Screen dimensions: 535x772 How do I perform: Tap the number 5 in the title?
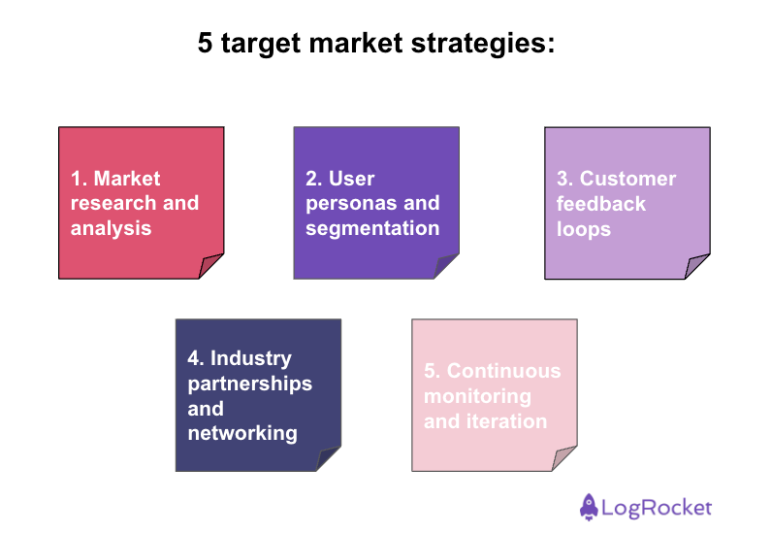205,45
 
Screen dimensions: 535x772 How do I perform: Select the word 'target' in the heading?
256,46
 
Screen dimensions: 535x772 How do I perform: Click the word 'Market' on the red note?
127,179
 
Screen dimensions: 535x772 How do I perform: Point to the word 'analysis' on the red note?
111,229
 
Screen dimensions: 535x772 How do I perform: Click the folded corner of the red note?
213,267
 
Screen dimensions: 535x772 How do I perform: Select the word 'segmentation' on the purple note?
372,229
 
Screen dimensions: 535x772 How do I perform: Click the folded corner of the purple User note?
448,267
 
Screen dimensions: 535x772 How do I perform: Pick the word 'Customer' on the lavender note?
627,179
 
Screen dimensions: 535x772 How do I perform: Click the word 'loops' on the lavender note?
584,230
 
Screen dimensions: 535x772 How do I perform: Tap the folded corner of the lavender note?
699,267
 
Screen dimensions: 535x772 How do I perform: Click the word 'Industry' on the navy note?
251,358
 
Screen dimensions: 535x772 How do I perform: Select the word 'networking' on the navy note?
242,433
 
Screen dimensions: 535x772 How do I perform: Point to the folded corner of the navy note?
330,459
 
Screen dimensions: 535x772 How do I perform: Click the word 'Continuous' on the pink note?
503,371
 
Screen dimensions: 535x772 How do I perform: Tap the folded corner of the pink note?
566,459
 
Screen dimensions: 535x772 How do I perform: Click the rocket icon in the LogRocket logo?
588,506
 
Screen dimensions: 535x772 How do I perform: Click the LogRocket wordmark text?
657,507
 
